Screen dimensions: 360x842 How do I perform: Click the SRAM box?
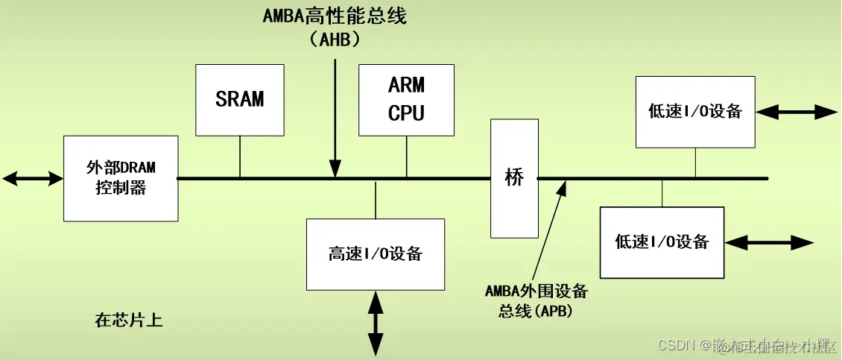[240, 99]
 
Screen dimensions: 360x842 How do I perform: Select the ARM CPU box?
[406, 99]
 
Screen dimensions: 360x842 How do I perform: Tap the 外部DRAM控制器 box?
[121, 178]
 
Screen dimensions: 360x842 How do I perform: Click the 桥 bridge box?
[514, 178]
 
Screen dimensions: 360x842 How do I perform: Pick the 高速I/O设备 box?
[376, 254]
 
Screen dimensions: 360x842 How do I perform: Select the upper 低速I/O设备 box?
[695, 112]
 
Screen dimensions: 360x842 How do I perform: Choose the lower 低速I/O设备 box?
[662, 241]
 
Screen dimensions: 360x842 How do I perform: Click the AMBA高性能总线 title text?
[335, 16]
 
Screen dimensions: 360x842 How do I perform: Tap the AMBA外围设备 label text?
[536, 290]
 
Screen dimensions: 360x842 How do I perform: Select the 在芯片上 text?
[128, 321]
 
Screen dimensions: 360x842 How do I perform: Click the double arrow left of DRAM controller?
[33, 178]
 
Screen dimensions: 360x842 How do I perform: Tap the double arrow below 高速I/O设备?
[376, 323]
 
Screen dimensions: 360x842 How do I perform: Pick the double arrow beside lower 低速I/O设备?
[770, 242]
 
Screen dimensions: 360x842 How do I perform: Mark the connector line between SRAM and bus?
[240, 157]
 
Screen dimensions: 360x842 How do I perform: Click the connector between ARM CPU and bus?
[406, 157]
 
